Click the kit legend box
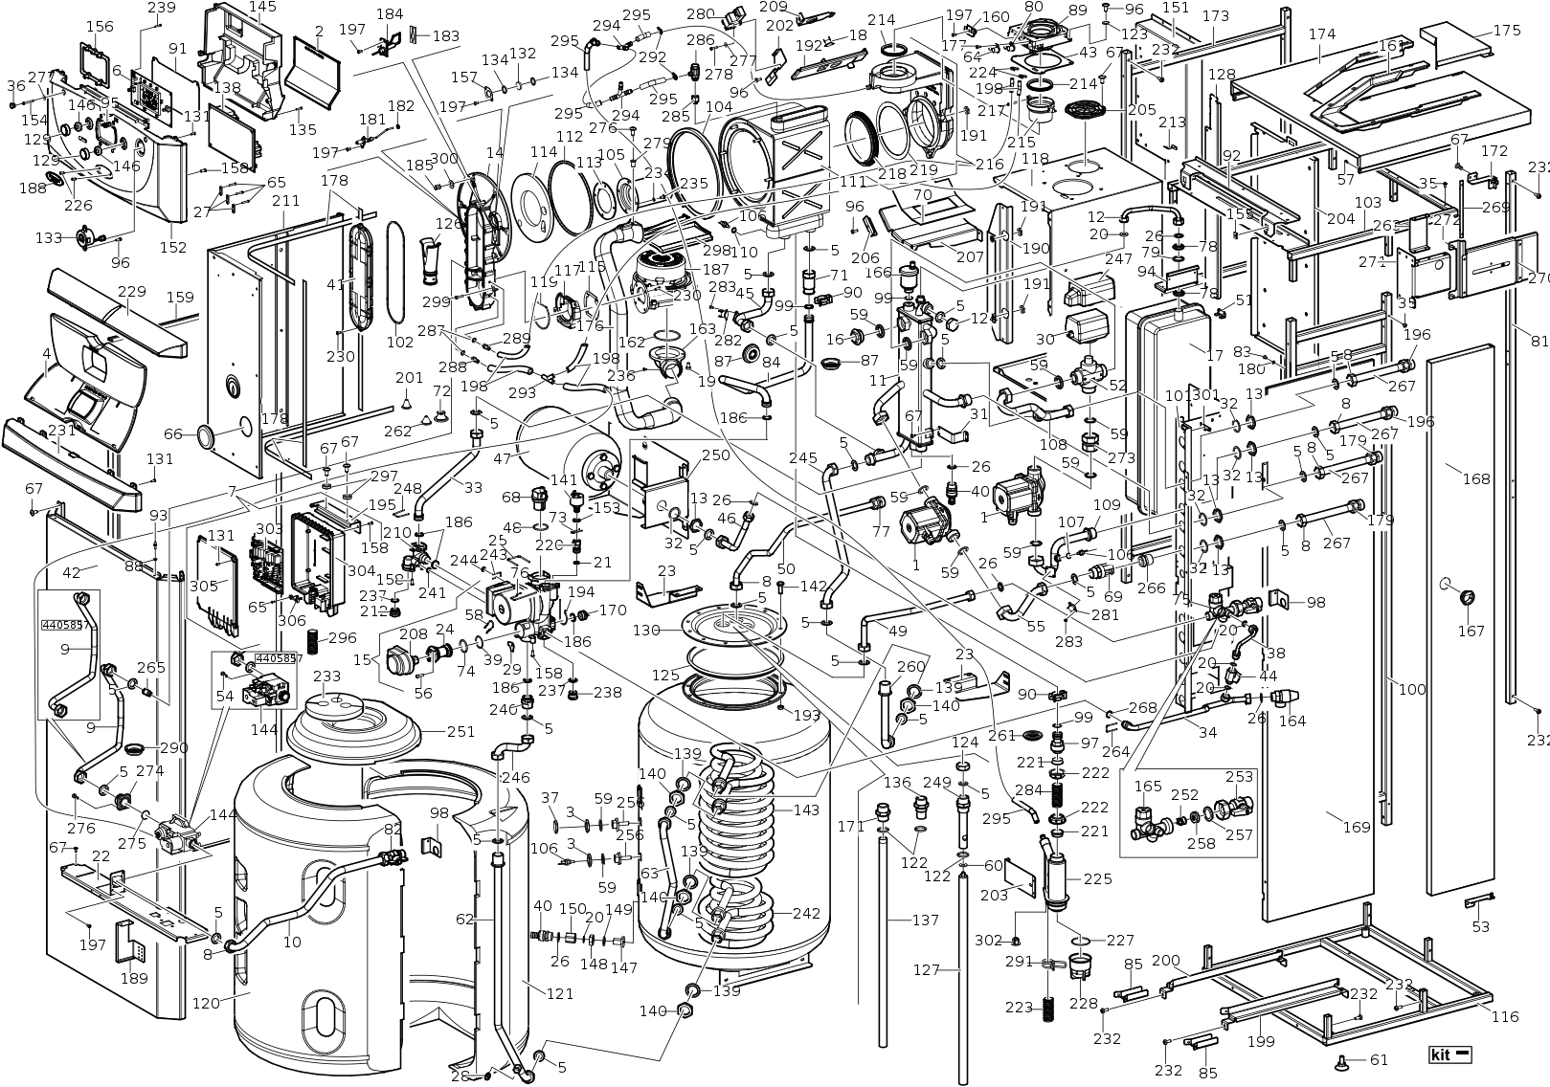click(x=1449, y=1055)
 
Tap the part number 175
click(x=1507, y=30)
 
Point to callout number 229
click(x=131, y=291)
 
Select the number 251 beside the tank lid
click(x=461, y=732)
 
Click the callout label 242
click(x=805, y=913)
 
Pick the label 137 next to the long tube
click(x=925, y=921)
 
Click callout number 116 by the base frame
click(x=1505, y=1016)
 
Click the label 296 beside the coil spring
click(x=342, y=638)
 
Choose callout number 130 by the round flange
click(x=647, y=631)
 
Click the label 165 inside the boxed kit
click(x=1148, y=787)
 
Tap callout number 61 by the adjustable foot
click(x=1378, y=1059)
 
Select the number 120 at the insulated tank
click(x=207, y=1003)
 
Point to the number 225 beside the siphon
click(x=1097, y=878)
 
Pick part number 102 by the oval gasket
click(x=399, y=342)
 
